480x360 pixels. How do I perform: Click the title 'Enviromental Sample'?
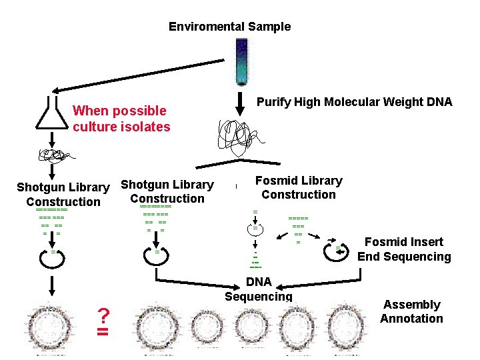point(229,27)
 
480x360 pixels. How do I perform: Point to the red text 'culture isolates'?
point(122,127)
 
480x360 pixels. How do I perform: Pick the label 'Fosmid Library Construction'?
point(299,187)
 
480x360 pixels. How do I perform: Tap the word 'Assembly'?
point(411,305)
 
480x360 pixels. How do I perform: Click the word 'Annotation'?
point(411,319)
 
